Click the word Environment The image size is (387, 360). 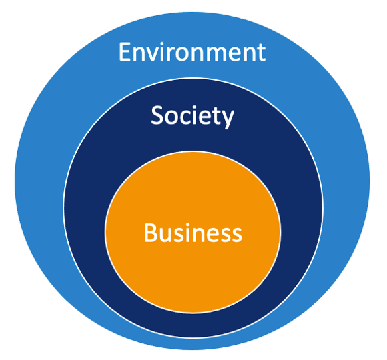click(x=191, y=51)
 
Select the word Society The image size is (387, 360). click(x=192, y=116)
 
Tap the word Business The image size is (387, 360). click(x=192, y=233)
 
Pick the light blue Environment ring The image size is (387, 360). click(x=40, y=180)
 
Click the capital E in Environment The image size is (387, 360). click(x=125, y=51)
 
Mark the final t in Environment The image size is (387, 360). click(x=260, y=52)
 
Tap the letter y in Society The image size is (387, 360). click(x=228, y=119)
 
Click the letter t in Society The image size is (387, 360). click(x=216, y=117)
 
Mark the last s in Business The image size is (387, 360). click(x=236, y=235)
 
